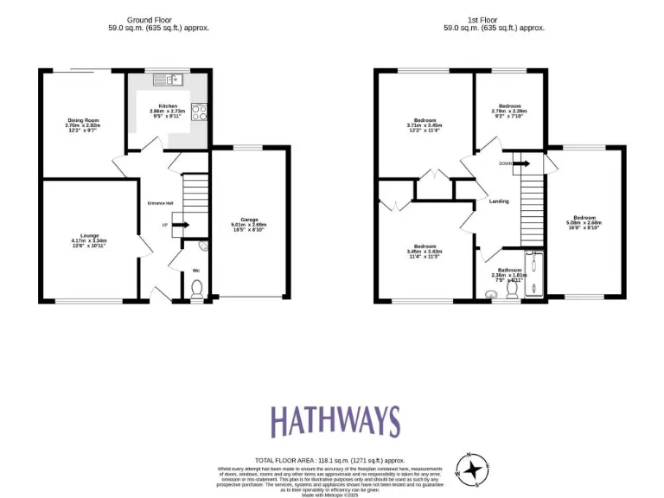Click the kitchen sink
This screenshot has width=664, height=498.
(x=169, y=80)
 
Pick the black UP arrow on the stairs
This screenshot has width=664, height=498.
(x=181, y=226)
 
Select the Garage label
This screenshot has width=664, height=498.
(x=250, y=224)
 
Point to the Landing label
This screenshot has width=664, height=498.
(x=499, y=201)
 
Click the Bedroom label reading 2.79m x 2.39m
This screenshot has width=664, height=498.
(x=509, y=111)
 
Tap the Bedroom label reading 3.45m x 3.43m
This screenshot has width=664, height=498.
(x=425, y=252)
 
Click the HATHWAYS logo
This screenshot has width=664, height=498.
(x=335, y=421)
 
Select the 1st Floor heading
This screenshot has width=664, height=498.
(x=494, y=23)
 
